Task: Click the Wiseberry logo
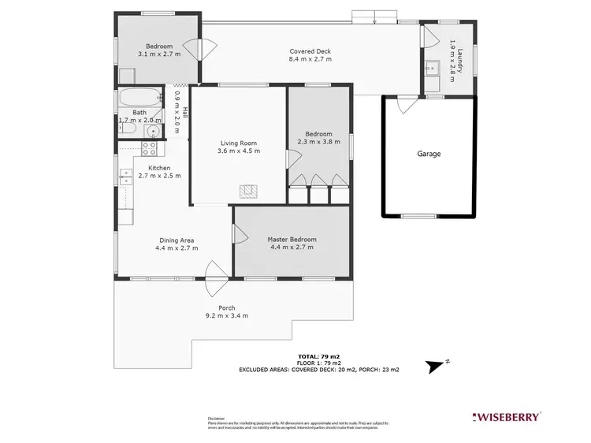point(505,415)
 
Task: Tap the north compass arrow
point(435,365)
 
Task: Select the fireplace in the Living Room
point(249,190)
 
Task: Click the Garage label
point(429,154)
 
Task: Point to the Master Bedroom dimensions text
point(292,248)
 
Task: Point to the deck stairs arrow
point(376,18)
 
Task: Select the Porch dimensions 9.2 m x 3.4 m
point(227,315)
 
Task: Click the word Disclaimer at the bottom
point(217,418)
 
